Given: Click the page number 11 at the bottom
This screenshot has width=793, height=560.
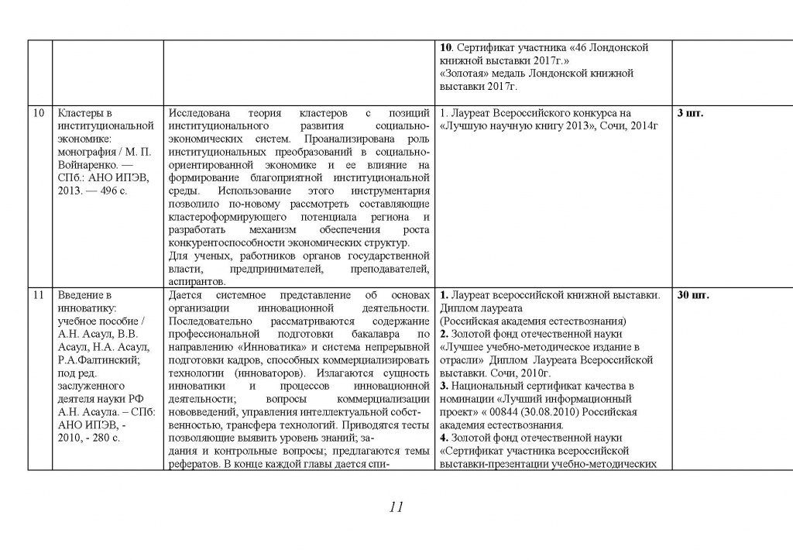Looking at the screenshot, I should pos(396,507).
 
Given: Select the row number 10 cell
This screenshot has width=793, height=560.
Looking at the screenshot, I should pos(39,114).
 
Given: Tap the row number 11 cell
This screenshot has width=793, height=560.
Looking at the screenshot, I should pos(39,295).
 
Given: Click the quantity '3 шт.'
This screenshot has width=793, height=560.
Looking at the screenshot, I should pos(690,114).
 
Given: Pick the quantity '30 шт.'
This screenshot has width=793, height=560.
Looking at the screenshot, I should pos(693,295).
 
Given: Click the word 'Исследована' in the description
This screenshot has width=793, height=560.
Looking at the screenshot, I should pos(199,113).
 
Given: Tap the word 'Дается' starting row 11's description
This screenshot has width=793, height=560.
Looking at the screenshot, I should pos(185,295).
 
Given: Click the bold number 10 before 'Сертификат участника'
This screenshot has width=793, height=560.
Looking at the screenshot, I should pos(445,48).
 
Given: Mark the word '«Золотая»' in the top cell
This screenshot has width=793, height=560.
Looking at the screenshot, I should pos(464,74).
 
